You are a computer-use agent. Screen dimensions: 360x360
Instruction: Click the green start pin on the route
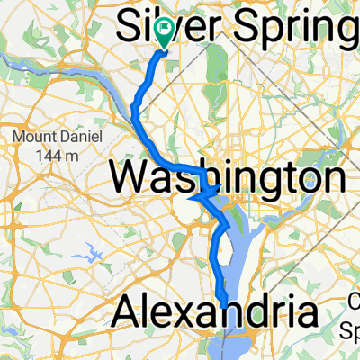(x=164, y=33)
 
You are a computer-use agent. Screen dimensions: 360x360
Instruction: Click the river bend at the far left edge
(x=9, y=58)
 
